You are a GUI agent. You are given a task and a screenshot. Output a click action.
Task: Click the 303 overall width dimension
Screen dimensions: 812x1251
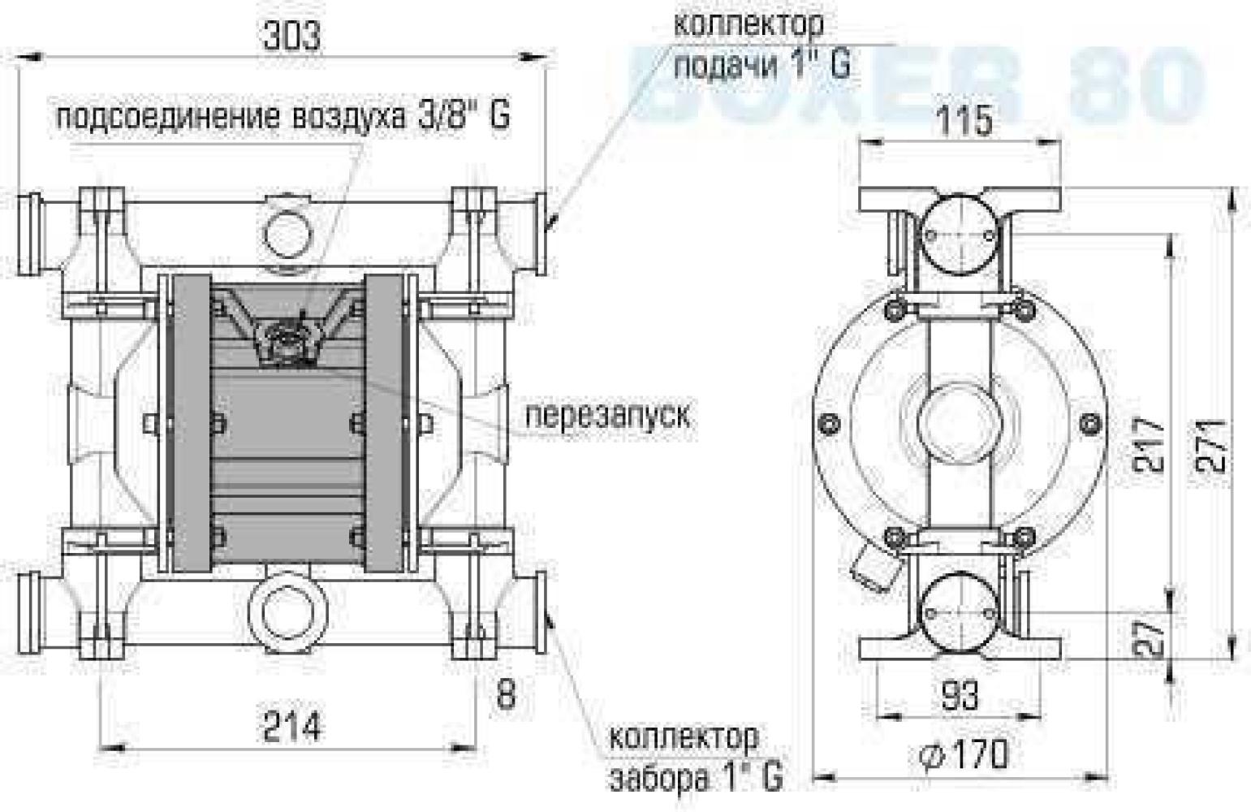click(291, 37)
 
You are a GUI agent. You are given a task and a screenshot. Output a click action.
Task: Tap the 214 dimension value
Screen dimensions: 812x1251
click(291, 724)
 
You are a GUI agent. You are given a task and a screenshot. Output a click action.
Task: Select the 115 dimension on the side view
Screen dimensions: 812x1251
click(964, 121)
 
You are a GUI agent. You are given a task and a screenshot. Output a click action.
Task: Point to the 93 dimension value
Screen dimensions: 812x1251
click(960, 696)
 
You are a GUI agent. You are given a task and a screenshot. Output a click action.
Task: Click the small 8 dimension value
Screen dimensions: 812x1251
click(505, 694)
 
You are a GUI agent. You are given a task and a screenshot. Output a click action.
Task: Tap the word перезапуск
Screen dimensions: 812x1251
click(608, 415)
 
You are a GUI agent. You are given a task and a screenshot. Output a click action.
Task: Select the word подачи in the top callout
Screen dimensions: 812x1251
click(725, 64)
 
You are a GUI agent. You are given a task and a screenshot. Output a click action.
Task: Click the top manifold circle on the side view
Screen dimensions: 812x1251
click(960, 236)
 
